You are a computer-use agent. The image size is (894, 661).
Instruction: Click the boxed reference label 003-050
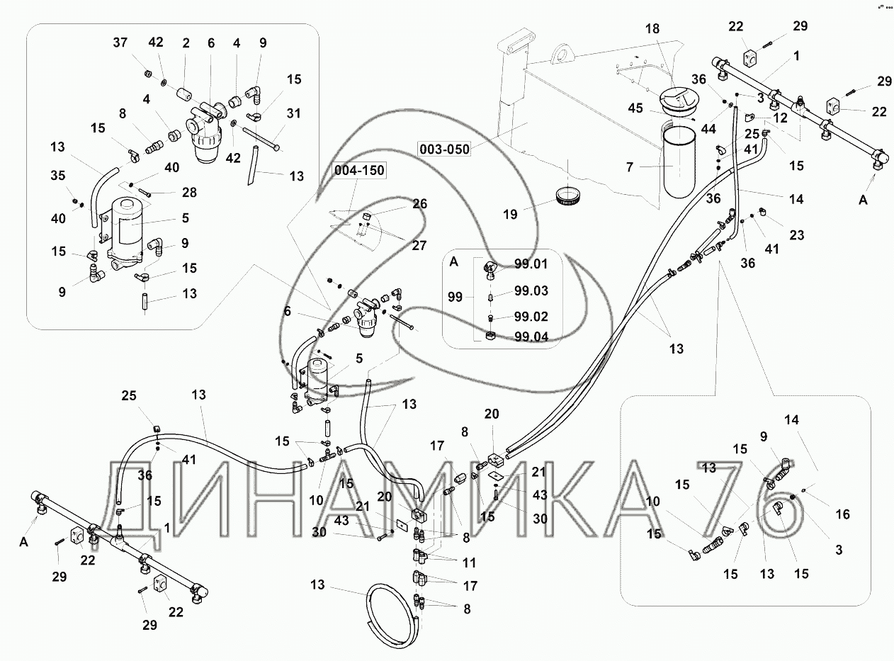point(445,149)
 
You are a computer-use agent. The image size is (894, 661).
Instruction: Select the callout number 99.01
point(531,265)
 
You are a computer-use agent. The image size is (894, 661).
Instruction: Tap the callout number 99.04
point(531,337)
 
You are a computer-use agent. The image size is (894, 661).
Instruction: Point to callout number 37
point(120,43)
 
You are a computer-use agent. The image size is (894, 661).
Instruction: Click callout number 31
point(293,113)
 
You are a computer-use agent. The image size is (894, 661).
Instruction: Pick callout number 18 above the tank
point(652,28)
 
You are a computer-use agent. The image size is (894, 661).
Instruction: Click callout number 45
point(635,108)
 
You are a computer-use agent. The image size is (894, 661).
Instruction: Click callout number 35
point(59,176)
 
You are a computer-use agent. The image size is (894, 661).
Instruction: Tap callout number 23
point(796,235)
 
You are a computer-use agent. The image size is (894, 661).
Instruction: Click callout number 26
point(419,204)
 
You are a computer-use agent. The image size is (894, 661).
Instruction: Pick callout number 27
point(419,245)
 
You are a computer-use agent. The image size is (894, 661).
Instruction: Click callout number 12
point(780,118)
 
